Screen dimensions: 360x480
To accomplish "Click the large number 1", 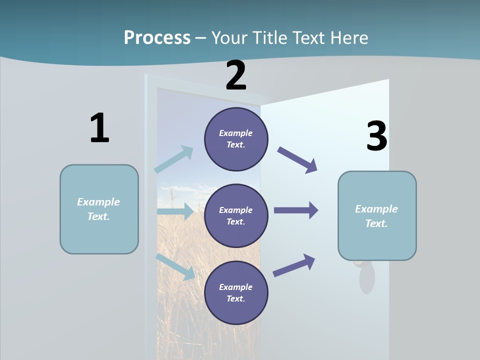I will (99, 128).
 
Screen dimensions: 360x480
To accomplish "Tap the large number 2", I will (236, 76).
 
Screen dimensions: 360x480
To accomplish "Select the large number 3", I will (376, 136).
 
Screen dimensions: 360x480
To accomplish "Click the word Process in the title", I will (157, 38).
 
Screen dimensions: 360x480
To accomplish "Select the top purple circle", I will (236, 139).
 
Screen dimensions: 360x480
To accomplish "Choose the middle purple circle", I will (236, 215).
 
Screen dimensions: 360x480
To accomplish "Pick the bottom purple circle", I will (236, 292).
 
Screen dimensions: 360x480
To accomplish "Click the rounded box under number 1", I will (99, 209).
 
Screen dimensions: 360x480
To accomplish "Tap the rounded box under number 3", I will (377, 216).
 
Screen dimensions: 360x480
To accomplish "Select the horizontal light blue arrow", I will (175, 211).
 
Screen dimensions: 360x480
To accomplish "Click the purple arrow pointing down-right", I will (297, 160).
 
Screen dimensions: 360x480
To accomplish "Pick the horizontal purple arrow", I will (296, 210).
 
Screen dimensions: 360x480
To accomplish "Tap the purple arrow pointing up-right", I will (294, 265).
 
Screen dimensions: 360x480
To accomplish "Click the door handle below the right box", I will (366, 277).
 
